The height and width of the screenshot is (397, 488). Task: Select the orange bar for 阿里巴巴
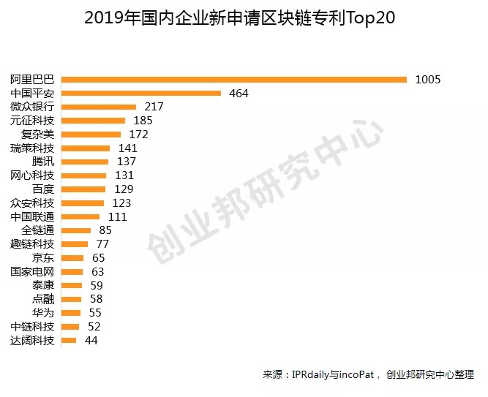[x=234, y=79]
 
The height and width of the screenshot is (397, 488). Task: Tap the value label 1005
[x=427, y=79]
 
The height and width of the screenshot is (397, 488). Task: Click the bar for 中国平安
[x=141, y=93]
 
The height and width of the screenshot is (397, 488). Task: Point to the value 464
[x=239, y=93]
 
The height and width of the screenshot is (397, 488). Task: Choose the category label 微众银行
[x=32, y=107]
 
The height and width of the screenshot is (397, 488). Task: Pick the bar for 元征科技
[x=94, y=120]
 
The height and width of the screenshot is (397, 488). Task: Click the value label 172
[x=138, y=134]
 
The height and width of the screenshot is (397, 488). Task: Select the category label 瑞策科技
[x=32, y=148]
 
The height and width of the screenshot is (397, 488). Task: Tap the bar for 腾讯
[x=85, y=162]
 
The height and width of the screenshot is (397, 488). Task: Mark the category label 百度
[x=42, y=189]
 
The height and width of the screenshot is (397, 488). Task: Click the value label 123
[x=121, y=203]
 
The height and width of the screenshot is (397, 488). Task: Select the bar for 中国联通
[x=80, y=216]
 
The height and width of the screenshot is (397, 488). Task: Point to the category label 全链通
[x=37, y=230]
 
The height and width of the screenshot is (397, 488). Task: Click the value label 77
[x=102, y=244]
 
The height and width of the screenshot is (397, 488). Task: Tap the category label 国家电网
[x=32, y=271]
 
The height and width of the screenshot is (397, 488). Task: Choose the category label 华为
[x=42, y=313]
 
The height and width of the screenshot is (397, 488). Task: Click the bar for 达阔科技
[x=70, y=341]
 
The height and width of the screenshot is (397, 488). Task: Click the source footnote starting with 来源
[x=369, y=375]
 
